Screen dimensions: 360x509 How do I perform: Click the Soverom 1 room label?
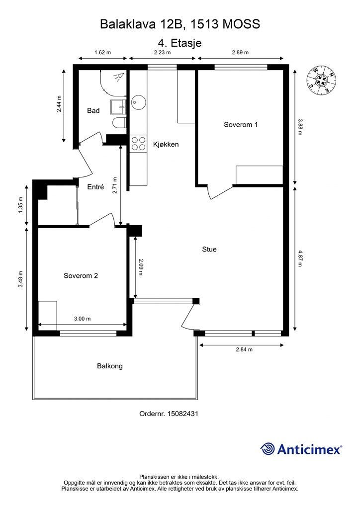pos(241,124)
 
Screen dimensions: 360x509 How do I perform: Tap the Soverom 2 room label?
pos(81,275)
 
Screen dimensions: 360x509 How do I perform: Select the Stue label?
pos(209,250)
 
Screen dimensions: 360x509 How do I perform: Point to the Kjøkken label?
pos(166,144)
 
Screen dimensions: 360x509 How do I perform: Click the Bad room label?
pos(93,111)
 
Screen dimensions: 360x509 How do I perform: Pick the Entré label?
pos(96,187)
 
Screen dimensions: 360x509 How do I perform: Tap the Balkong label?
pos(110,366)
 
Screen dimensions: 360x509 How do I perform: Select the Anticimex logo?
pos(301,449)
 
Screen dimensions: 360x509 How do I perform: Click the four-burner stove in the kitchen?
pos(138,144)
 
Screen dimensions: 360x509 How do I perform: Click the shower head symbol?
pos(118,78)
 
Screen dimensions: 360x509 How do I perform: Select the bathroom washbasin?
pos(118,107)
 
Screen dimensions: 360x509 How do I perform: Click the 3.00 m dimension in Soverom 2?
pos(83,319)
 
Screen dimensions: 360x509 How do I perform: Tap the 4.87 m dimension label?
pos(300,258)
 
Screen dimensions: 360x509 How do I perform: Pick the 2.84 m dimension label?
pos(244,349)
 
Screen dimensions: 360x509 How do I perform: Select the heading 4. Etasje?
pos(180,43)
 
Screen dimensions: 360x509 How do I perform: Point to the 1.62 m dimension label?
pos(102,52)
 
